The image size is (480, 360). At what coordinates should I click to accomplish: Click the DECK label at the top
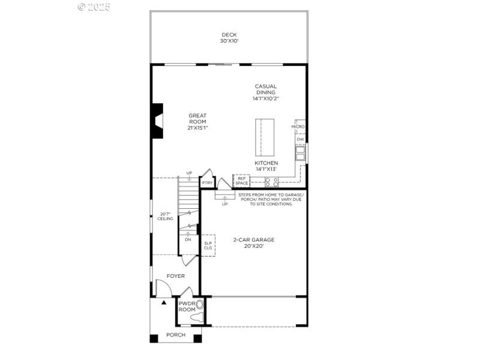pos(230,35)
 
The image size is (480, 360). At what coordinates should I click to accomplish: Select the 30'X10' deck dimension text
pos(230,41)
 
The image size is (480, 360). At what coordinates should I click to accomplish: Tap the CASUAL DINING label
pos(265,89)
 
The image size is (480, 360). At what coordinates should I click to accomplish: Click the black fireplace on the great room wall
pos(157,121)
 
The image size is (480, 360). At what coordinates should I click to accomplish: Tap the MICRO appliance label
pos(298,127)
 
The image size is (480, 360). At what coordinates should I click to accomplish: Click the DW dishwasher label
pos(300,139)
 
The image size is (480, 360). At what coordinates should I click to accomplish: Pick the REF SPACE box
pos(242,181)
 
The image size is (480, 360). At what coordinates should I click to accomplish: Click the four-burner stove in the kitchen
pos(271,182)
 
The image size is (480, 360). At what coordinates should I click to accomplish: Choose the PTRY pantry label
pos(207,182)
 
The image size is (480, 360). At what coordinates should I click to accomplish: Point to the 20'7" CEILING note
pos(166,217)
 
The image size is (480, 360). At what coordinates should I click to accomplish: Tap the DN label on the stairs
pos(188,239)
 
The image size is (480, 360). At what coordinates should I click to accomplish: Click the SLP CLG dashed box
pos(208,245)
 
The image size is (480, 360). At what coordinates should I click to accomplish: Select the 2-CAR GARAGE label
pos(254,242)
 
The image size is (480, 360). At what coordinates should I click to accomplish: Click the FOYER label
pos(176,276)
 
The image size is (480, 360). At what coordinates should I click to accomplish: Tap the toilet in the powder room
pos(200,311)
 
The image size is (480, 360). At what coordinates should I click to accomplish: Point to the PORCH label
pos(176,335)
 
